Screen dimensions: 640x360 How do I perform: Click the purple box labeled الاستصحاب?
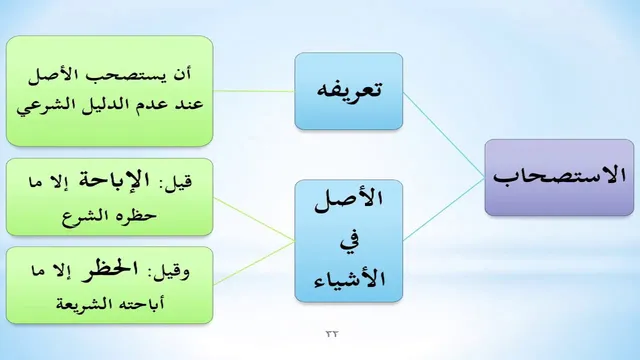(559, 178)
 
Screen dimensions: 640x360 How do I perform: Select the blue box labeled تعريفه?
(349, 91)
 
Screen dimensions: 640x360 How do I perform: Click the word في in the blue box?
(349, 243)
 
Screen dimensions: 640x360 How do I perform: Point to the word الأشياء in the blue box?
(349, 280)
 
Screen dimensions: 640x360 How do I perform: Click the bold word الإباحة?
(114, 180)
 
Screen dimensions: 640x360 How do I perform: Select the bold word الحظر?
(104, 270)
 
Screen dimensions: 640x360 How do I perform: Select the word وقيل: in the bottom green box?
(171, 272)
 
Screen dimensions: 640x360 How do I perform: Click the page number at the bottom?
(332, 334)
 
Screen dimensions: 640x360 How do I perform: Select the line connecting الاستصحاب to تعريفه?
(444, 136)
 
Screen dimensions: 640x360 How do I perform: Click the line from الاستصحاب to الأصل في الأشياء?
(444, 209)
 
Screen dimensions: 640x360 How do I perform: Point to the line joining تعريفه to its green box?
(254, 91)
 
